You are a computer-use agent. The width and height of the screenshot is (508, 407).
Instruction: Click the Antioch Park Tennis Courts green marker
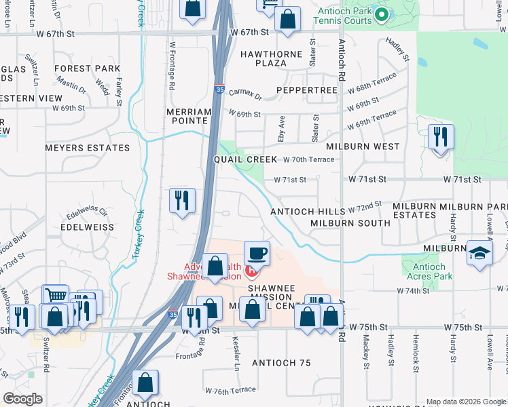382,14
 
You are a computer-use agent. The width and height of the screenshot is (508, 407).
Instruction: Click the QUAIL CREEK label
245,159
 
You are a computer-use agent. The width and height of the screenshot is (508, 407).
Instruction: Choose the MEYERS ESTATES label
87,147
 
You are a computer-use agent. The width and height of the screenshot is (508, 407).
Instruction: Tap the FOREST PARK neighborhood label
88,69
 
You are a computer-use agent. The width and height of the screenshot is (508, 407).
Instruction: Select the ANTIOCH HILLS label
308,212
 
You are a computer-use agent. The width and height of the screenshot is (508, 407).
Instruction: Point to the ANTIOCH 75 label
281,363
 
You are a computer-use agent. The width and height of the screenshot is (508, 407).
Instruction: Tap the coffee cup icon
257,254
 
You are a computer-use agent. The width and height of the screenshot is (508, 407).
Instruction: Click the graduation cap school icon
480,254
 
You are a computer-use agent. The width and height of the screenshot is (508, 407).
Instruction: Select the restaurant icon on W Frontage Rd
182,200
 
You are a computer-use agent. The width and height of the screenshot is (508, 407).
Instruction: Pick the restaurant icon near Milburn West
441,137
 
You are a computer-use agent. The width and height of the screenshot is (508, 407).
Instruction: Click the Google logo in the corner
23,398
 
